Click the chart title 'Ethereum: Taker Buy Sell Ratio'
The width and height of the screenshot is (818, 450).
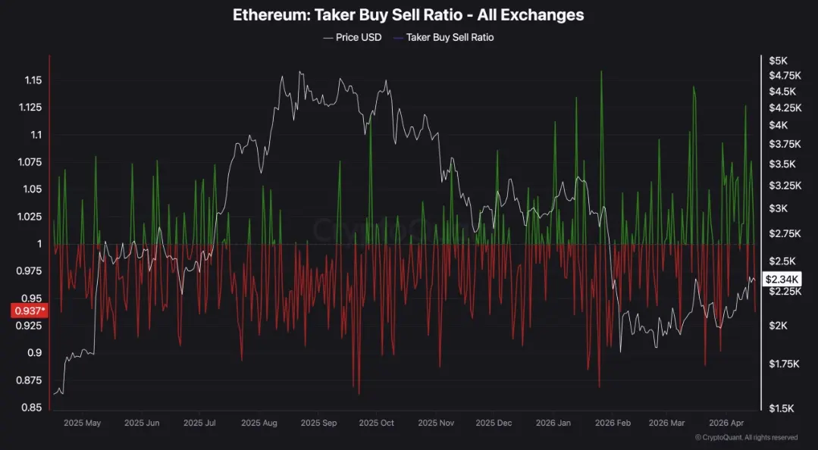[x=408, y=14]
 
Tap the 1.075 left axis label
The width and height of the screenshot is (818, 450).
[x=30, y=162]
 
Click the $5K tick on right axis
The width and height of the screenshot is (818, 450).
[x=778, y=61]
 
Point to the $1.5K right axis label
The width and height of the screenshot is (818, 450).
[x=780, y=408]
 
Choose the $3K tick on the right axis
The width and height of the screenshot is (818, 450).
[x=778, y=208]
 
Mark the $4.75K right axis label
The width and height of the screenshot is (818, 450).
[x=784, y=75]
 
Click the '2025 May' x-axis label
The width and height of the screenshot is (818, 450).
[x=82, y=423]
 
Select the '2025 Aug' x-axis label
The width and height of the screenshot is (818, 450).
[x=259, y=423]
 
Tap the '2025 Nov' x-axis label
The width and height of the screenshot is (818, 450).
[x=437, y=423]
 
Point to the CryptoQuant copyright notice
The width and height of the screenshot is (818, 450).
[x=746, y=437]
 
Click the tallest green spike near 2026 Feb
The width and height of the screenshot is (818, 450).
[x=601, y=73]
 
